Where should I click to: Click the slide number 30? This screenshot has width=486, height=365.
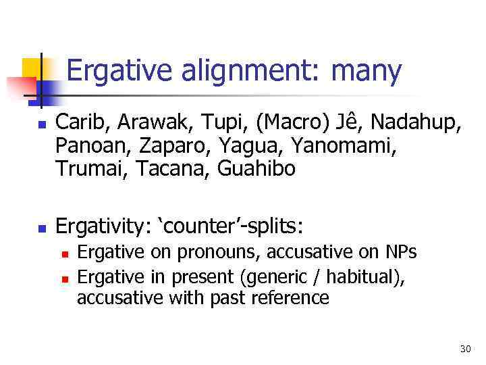tap(464, 349)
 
